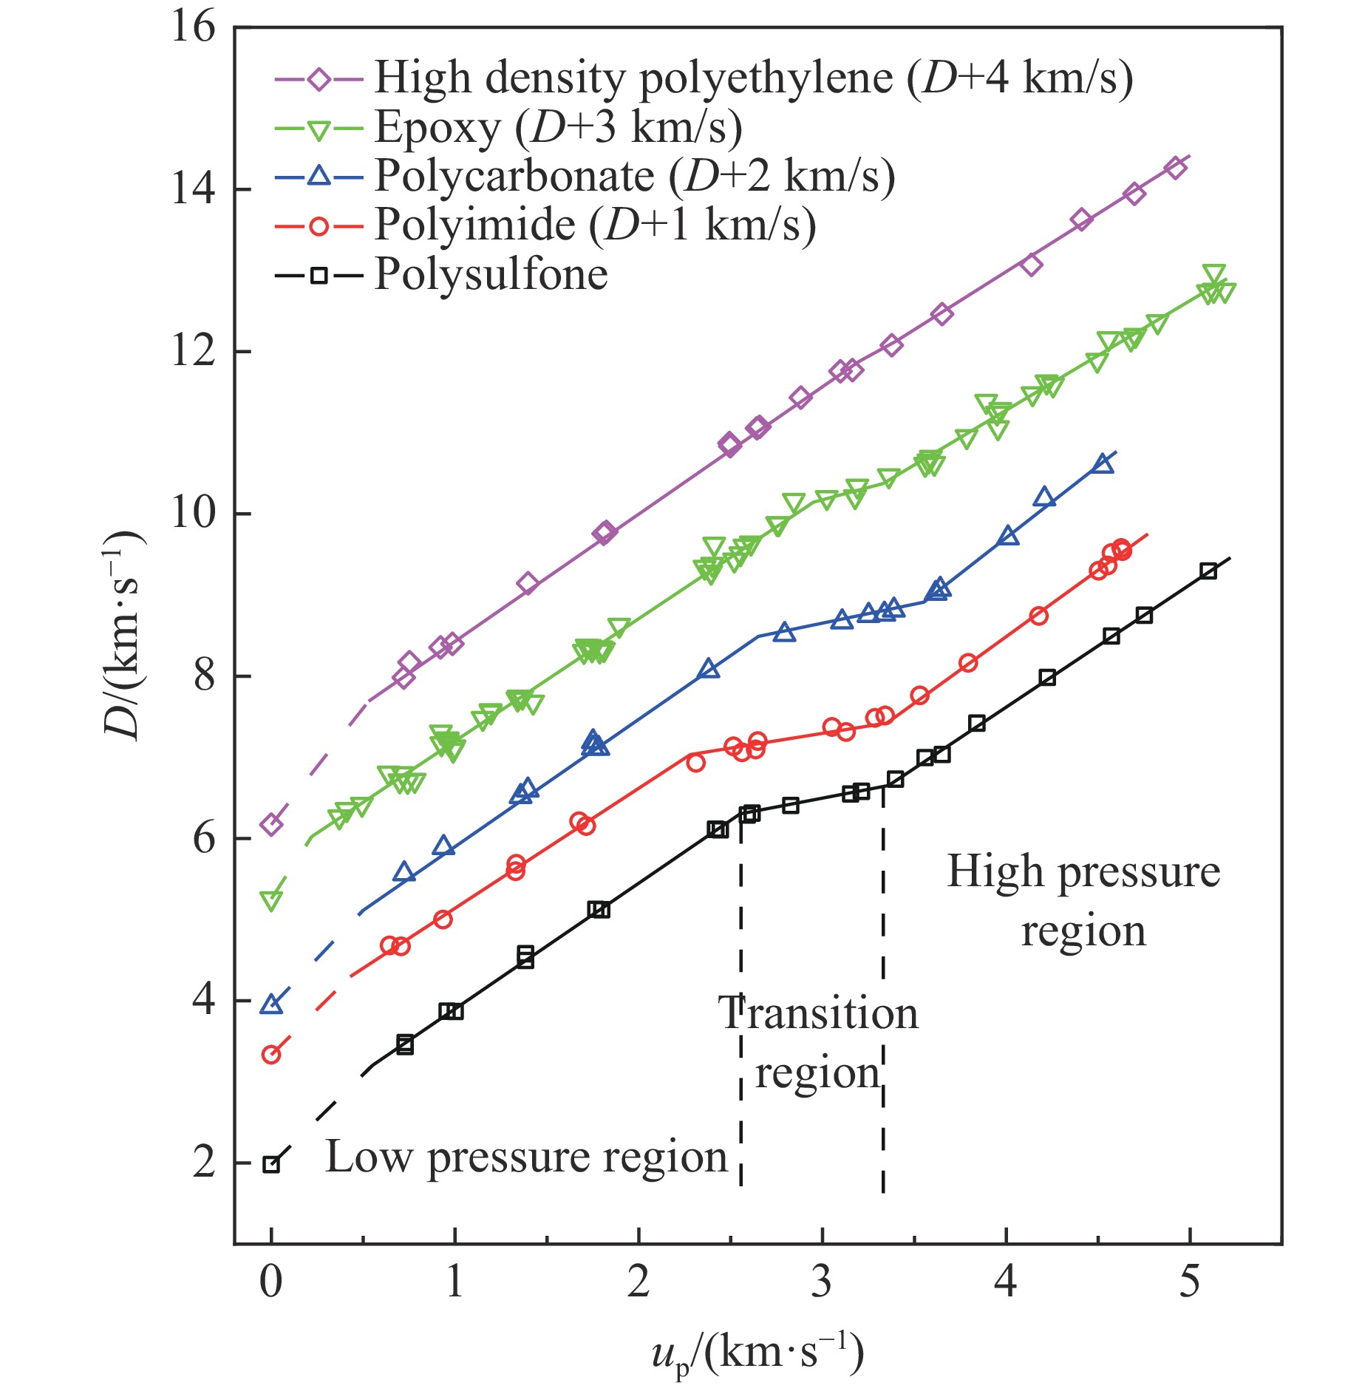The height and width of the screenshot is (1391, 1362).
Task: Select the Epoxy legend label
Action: (x=558, y=128)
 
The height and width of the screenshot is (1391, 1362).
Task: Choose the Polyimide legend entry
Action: (x=595, y=225)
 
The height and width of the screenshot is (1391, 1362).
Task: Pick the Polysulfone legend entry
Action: (x=491, y=275)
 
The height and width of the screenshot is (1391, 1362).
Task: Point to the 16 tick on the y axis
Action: (x=194, y=28)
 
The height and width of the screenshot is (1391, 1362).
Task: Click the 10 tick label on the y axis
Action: (x=194, y=513)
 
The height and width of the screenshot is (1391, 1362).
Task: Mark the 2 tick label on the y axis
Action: (x=204, y=1163)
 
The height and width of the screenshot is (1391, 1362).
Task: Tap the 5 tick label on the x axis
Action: (x=1189, y=1281)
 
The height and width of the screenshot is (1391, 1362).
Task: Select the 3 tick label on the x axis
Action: (x=822, y=1281)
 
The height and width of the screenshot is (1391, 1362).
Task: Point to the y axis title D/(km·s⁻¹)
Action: (x=123, y=636)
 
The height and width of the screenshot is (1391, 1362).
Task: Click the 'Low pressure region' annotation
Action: (x=527, y=1157)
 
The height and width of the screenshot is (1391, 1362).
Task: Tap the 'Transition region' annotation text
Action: (x=818, y=1042)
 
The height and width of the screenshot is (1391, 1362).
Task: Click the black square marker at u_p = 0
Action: (x=272, y=1164)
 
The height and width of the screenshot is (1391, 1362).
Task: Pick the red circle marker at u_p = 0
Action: (x=271, y=1055)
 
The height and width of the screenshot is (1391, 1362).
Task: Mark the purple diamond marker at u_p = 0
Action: (x=271, y=824)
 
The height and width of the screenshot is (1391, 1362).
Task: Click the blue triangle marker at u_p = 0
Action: (x=271, y=1004)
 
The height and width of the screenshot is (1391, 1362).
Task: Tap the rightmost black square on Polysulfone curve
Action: (x=1208, y=571)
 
